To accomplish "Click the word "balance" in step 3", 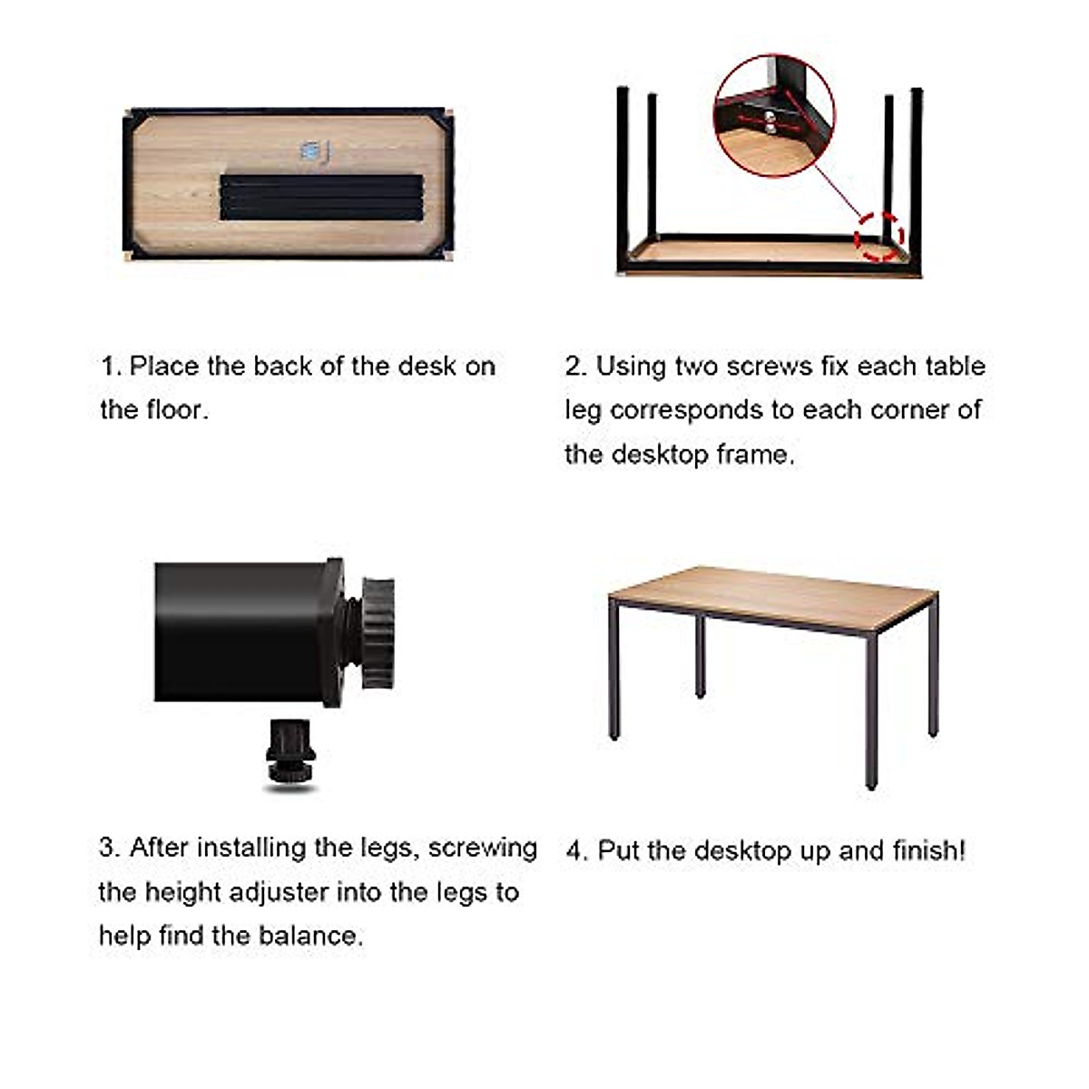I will [x=309, y=936].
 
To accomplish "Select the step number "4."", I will [x=577, y=851].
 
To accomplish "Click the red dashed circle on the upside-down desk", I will [x=879, y=236].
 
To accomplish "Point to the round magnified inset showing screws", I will [x=774, y=115].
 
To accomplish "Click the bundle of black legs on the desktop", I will [x=321, y=197].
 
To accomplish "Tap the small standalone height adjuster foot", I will [x=289, y=753].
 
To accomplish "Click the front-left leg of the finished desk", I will [x=614, y=672].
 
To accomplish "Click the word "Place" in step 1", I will [x=164, y=367].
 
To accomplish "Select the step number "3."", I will [x=110, y=848].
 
